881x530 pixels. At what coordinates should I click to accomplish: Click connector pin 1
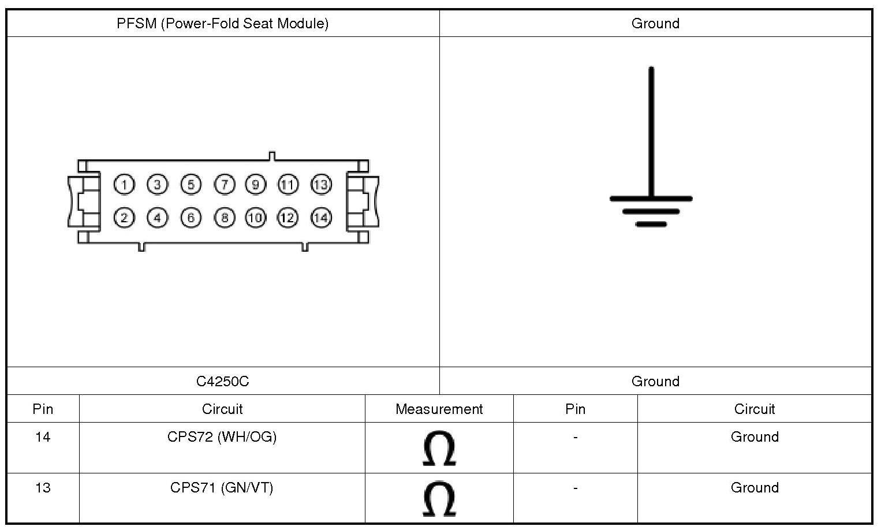(x=124, y=185)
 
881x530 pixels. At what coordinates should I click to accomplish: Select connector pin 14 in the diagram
(x=321, y=218)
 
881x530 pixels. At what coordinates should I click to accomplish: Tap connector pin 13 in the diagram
(x=321, y=185)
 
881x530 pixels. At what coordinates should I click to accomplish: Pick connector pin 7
(x=225, y=185)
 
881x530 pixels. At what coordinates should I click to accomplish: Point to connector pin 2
(x=124, y=218)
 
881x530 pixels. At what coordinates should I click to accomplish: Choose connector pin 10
(x=256, y=218)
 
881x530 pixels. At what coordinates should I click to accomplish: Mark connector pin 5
(x=191, y=185)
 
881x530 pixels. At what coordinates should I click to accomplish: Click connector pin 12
(x=288, y=218)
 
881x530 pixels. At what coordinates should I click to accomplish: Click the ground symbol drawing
(x=651, y=150)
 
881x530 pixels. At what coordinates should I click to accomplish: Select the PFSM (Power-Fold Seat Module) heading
(x=222, y=24)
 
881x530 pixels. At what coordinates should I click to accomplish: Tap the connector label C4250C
(x=222, y=382)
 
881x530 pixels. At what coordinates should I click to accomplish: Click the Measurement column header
(x=439, y=409)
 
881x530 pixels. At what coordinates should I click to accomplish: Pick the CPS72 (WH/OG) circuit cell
(x=222, y=437)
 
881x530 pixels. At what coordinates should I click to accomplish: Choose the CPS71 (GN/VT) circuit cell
(x=222, y=488)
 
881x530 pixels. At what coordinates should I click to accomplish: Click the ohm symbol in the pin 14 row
(x=439, y=449)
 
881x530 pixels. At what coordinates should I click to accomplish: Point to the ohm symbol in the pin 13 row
(x=439, y=499)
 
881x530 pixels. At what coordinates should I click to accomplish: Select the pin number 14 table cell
(x=43, y=437)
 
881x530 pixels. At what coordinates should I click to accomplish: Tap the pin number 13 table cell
(x=43, y=488)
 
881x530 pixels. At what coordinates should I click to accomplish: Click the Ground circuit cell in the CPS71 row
(x=755, y=488)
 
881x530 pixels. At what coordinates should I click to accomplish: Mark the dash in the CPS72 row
(x=575, y=438)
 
